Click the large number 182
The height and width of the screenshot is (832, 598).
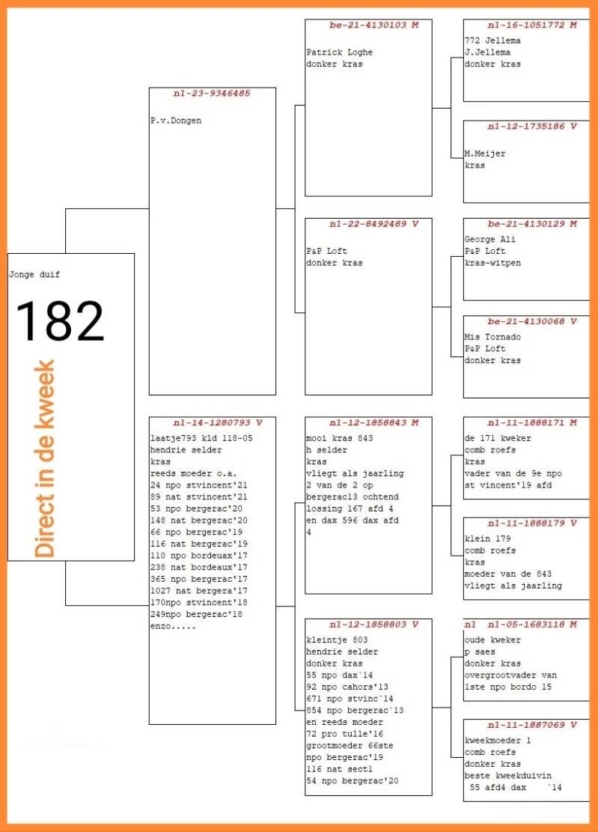point(60,321)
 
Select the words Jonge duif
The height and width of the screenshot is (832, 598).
point(34,275)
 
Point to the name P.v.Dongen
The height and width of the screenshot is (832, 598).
point(176,120)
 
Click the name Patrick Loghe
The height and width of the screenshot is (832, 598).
point(339,52)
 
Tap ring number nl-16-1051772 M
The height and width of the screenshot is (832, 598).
point(532,25)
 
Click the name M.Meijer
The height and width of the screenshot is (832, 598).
point(485,154)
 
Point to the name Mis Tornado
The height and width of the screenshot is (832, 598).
point(492,337)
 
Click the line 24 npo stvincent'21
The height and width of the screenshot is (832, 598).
point(199,485)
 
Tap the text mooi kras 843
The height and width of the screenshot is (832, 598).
point(339,438)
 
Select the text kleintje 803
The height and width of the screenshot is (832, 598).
point(336,640)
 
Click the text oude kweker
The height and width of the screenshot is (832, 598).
point(492,640)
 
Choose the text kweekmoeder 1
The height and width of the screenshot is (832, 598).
point(495,741)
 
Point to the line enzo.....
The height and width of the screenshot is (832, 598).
point(172,625)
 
